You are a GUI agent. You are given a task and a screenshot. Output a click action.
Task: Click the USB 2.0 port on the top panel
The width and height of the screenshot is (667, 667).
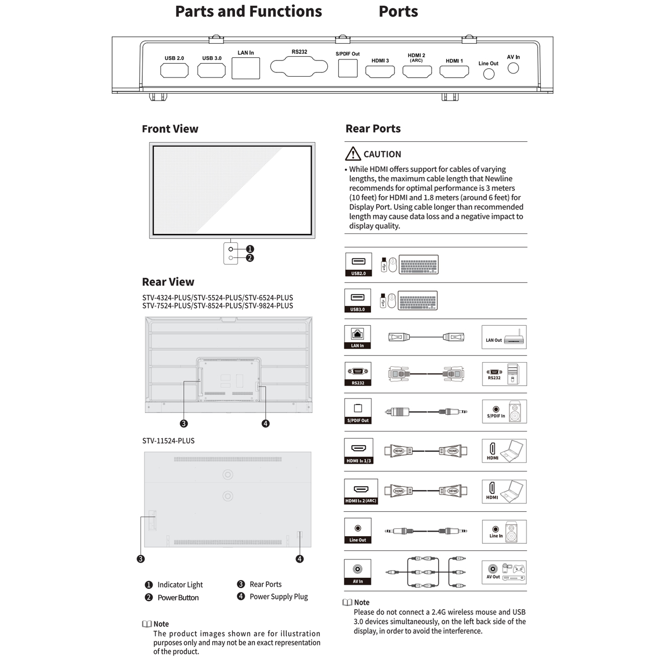pyautogui.click(x=174, y=70)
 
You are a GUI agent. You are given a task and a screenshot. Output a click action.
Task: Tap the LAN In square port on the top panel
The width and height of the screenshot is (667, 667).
pyautogui.click(x=245, y=68)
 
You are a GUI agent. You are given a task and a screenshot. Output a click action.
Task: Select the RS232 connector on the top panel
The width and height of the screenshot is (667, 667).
pyautogui.click(x=299, y=67)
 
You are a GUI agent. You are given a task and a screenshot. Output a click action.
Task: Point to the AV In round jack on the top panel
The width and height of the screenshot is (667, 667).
pyautogui.click(x=513, y=68)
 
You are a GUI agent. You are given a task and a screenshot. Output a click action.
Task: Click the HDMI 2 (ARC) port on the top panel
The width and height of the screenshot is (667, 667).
pyautogui.click(x=417, y=71)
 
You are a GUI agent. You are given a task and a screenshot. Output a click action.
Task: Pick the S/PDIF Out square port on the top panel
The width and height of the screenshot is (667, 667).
pyautogui.click(x=348, y=68)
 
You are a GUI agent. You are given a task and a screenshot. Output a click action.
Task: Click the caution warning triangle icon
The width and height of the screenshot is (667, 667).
pyautogui.click(x=353, y=154)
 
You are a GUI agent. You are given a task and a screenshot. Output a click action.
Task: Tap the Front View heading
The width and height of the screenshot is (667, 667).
pyautogui.click(x=170, y=129)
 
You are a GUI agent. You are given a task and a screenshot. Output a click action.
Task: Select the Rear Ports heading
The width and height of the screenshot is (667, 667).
pyautogui.click(x=373, y=129)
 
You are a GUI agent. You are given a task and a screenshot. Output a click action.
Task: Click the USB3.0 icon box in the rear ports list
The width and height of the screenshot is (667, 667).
pyautogui.click(x=357, y=301)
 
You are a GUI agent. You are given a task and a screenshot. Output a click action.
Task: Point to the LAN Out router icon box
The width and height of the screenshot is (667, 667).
pyautogui.click(x=504, y=338)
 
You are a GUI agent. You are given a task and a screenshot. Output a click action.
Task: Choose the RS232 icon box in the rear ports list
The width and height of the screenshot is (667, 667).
pyautogui.click(x=358, y=374)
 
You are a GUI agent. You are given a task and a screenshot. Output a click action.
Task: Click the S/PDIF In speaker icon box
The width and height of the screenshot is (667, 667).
pyautogui.click(x=504, y=412)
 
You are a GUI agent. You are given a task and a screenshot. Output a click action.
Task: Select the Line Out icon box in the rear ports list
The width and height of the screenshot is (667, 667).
pyautogui.click(x=357, y=531)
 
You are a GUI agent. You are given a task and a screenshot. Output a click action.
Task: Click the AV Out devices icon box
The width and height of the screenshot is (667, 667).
pyautogui.click(x=504, y=572)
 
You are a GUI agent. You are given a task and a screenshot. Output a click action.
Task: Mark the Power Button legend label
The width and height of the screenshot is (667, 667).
pyautogui.click(x=178, y=598)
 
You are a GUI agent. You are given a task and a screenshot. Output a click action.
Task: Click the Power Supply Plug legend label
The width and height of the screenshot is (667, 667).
pyautogui.click(x=279, y=597)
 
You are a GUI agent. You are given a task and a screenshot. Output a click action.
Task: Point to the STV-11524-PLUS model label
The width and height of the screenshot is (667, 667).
pyautogui.click(x=168, y=441)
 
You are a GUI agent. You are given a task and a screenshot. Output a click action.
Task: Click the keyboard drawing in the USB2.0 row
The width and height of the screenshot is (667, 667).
pyautogui.click(x=418, y=264)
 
